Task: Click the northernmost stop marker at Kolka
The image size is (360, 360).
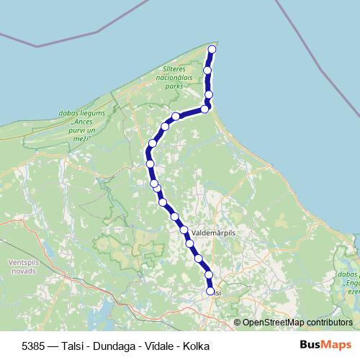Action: pos(212,50)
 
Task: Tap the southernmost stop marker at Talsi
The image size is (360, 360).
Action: pos(210,292)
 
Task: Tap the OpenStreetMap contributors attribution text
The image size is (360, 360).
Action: pos(297,322)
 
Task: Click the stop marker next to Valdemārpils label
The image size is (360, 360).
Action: pos(184,231)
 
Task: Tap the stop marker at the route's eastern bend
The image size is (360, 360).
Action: pos(205,109)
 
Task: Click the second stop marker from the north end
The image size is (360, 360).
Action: pos(207,71)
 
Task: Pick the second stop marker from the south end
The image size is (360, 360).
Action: pos(209,275)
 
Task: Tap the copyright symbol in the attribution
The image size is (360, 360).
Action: pos(238,322)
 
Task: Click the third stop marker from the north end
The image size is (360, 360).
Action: pos(209,94)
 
